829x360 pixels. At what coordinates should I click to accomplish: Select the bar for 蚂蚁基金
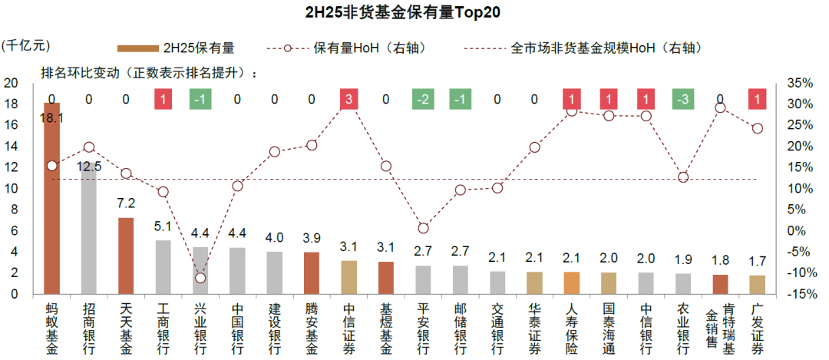click(x=51, y=200)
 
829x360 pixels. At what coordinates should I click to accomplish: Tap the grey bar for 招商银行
click(x=89, y=230)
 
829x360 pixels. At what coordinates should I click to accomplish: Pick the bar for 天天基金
click(x=126, y=256)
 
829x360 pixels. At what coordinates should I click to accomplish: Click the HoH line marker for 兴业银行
click(x=200, y=277)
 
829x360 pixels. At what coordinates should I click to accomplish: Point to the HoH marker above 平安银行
click(x=423, y=228)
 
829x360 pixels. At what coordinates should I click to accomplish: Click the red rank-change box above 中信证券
click(x=348, y=99)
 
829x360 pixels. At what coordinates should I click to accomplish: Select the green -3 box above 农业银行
click(x=683, y=99)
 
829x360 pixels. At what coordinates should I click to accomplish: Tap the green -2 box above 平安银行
click(x=423, y=99)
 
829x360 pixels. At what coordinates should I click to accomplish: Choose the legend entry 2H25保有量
click(x=176, y=48)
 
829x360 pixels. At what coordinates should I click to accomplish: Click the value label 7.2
click(x=126, y=203)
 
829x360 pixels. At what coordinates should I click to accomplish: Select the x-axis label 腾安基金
click(x=312, y=328)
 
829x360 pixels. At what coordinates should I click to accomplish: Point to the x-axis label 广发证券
click(x=757, y=328)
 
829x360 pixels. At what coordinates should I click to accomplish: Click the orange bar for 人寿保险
click(x=572, y=282)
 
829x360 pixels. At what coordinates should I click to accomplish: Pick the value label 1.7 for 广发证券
click(x=757, y=263)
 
